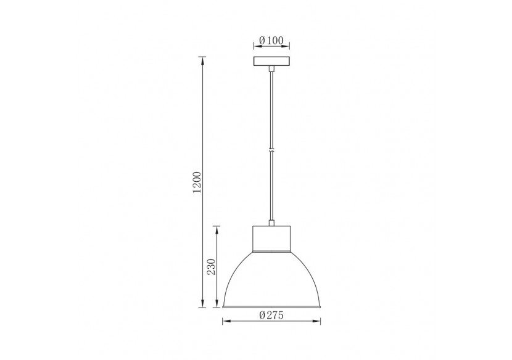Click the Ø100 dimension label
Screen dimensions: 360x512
271,41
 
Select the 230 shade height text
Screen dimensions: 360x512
211,266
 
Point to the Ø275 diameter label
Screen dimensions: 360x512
271,315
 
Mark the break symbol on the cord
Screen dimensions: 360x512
271,149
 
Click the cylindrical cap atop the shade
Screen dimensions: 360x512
271,240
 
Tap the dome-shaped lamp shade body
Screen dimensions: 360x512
271,280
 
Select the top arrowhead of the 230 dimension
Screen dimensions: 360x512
216,228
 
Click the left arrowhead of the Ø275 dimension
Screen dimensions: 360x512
224,321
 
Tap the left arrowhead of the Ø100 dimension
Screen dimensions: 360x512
255,46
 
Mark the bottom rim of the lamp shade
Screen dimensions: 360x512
271,306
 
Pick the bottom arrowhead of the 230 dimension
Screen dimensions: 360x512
216,305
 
